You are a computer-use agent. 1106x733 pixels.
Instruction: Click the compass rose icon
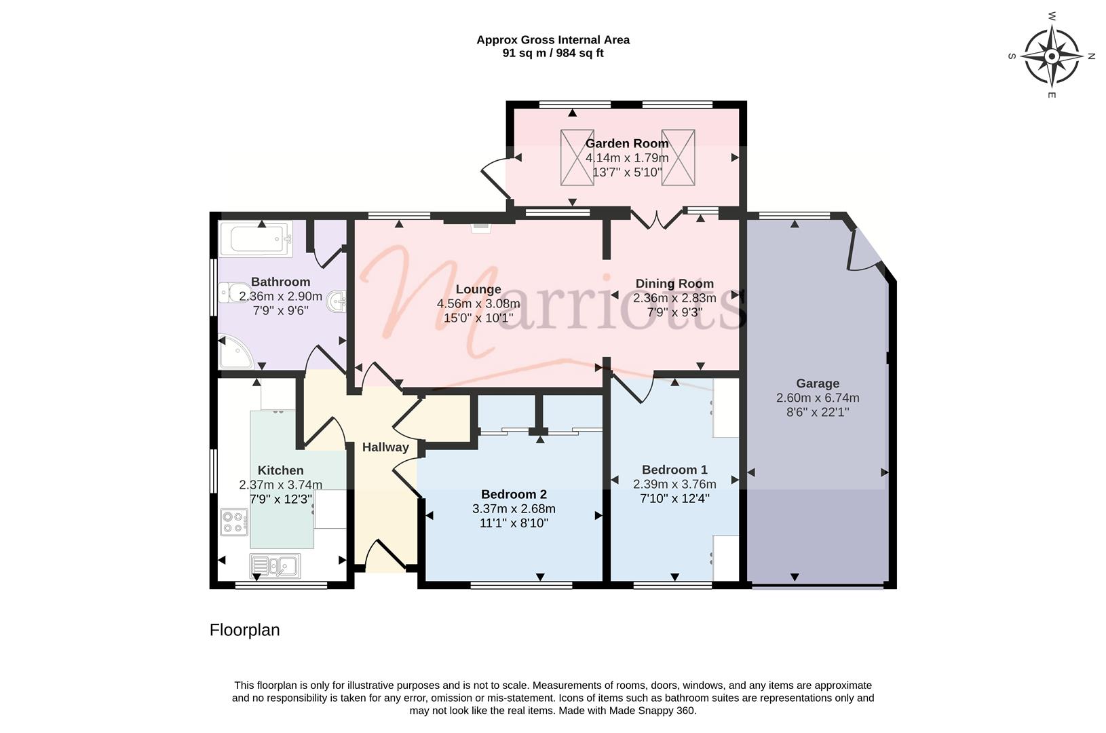point(1052,56)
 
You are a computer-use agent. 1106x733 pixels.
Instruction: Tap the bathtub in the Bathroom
point(256,239)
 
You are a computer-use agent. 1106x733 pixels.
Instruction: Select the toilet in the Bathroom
point(235,293)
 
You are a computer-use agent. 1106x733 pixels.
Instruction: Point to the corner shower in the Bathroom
point(236,352)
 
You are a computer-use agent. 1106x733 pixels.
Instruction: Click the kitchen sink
point(275,565)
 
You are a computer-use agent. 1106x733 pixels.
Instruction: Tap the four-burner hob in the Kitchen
point(235,522)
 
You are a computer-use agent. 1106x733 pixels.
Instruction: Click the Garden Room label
point(627,143)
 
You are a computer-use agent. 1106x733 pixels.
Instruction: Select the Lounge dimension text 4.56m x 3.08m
point(478,303)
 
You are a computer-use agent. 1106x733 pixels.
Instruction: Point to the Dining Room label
point(674,284)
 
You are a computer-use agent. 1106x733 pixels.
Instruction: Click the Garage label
point(818,383)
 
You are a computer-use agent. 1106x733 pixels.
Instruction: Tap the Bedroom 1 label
point(674,469)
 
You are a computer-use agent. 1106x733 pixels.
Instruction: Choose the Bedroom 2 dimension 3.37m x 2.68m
point(514,508)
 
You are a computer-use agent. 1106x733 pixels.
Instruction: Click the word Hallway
point(385,447)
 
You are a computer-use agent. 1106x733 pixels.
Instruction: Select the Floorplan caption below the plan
point(244,630)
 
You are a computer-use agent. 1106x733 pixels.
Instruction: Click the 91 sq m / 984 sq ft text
point(553,53)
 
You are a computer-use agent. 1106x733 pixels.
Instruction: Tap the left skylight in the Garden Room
point(577,157)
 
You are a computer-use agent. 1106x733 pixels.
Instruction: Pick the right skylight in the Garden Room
point(679,157)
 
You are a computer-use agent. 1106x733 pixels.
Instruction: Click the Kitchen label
point(280,470)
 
